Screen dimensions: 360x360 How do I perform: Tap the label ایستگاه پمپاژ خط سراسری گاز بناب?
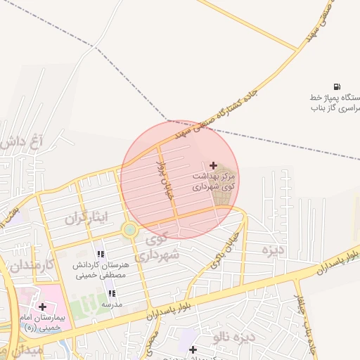(x=335, y=103)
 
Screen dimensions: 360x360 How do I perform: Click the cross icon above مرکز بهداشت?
(x=214, y=165)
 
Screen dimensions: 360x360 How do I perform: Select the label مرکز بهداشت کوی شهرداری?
(x=214, y=181)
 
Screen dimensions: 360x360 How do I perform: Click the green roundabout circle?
(x=129, y=229)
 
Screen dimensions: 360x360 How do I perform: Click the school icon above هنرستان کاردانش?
(x=101, y=254)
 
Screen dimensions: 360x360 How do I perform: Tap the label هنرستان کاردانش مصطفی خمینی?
(x=99, y=271)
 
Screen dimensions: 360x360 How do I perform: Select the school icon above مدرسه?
(x=112, y=293)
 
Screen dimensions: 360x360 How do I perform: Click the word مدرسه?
(x=112, y=304)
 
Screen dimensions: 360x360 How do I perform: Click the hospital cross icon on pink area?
(x=43, y=307)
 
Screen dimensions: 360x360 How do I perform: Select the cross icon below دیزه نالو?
(x=193, y=349)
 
